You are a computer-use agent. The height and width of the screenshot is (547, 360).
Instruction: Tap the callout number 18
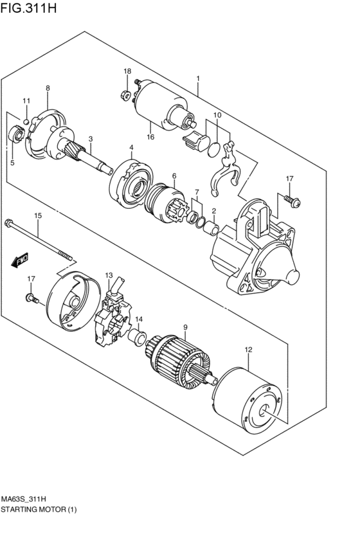point(127,71)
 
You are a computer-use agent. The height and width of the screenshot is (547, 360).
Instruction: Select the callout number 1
point(198,79)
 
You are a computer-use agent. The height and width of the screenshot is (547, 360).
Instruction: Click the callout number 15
point(38,216)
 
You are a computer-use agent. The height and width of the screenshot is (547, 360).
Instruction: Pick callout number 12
point(249,350)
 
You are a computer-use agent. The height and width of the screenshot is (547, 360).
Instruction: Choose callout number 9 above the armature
point(185,328)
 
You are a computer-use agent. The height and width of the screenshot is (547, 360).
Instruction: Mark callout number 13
point(109,274)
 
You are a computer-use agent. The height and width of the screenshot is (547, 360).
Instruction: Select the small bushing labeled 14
point(136,338)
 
